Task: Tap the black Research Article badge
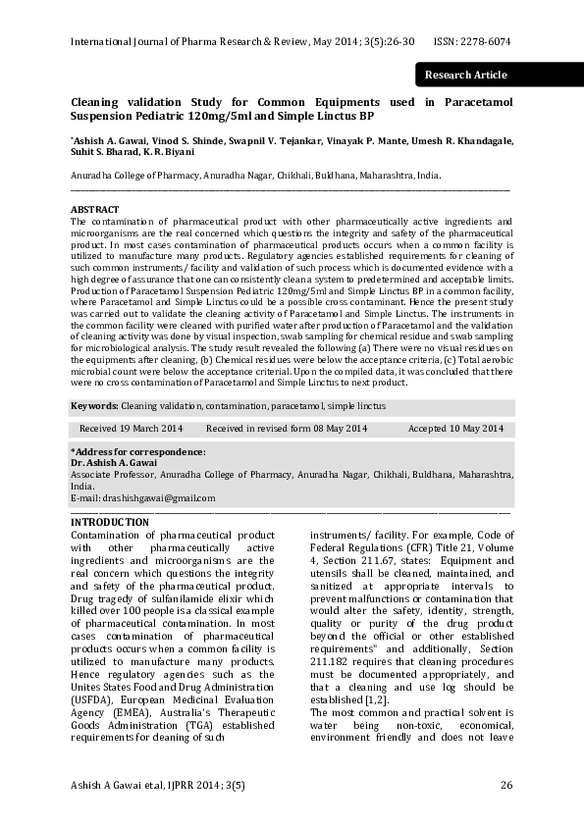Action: pos(465,75)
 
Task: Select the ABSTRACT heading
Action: pos(94,210)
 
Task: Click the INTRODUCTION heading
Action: pos(110,522)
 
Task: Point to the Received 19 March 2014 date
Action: pos(131,429)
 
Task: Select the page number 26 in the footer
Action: pos(506,785)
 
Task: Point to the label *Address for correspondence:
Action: pos(137,451)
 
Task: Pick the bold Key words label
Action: pos(93,405)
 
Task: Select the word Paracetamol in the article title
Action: pos(474,102)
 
